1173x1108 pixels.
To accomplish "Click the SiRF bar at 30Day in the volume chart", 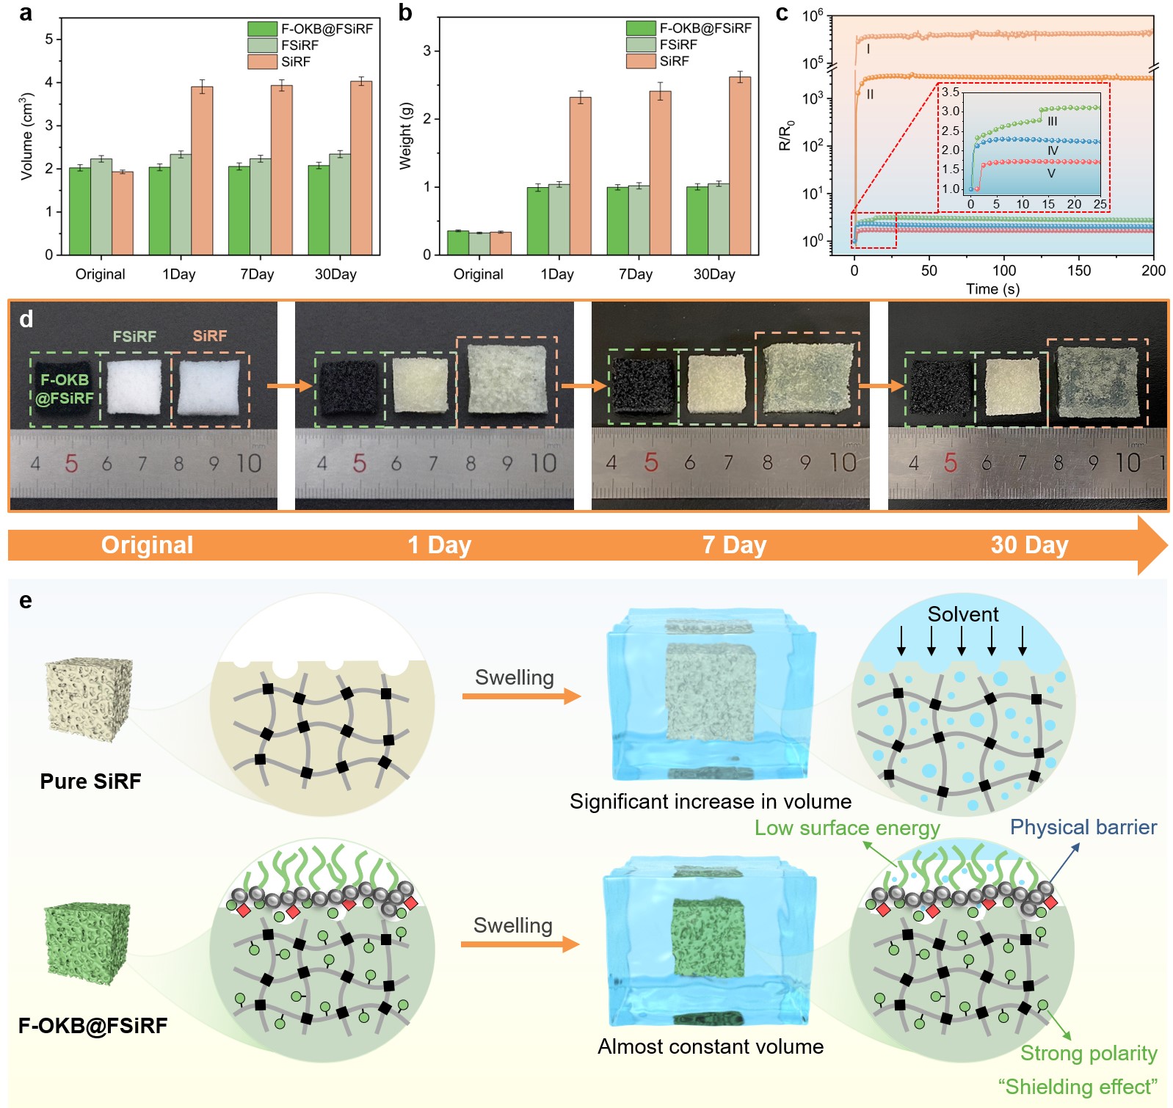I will coord(361,168).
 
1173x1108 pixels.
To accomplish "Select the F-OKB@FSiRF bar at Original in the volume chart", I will coord(80,211).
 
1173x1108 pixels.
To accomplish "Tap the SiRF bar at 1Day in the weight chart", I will coord(580,176).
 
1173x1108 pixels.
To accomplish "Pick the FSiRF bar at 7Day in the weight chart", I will coord(639,220).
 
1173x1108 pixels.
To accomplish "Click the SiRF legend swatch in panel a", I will coord(262,62).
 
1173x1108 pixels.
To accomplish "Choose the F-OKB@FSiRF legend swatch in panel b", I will coord(640,28).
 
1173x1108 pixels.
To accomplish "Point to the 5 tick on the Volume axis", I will coord(49,39).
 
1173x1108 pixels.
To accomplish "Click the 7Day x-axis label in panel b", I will coord(636,274).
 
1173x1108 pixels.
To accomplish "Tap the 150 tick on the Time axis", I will coord(1079,270).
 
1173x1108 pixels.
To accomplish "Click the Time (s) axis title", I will coord(992,288).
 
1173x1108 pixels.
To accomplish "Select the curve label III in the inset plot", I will coord(1052,121).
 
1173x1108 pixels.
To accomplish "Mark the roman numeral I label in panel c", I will coord(868,49).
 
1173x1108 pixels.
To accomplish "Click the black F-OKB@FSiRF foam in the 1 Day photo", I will coord(349,388).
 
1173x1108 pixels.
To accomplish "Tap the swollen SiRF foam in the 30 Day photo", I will coord(1097,383).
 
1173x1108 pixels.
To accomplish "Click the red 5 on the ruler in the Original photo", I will coord(71,463).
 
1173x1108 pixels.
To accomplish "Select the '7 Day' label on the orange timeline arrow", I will coord(734,544).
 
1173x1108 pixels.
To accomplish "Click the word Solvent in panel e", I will coord(963,614).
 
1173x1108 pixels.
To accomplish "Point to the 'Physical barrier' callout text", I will coord(1083,827).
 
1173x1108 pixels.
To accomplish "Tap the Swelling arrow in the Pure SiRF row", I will coord(521,696).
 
